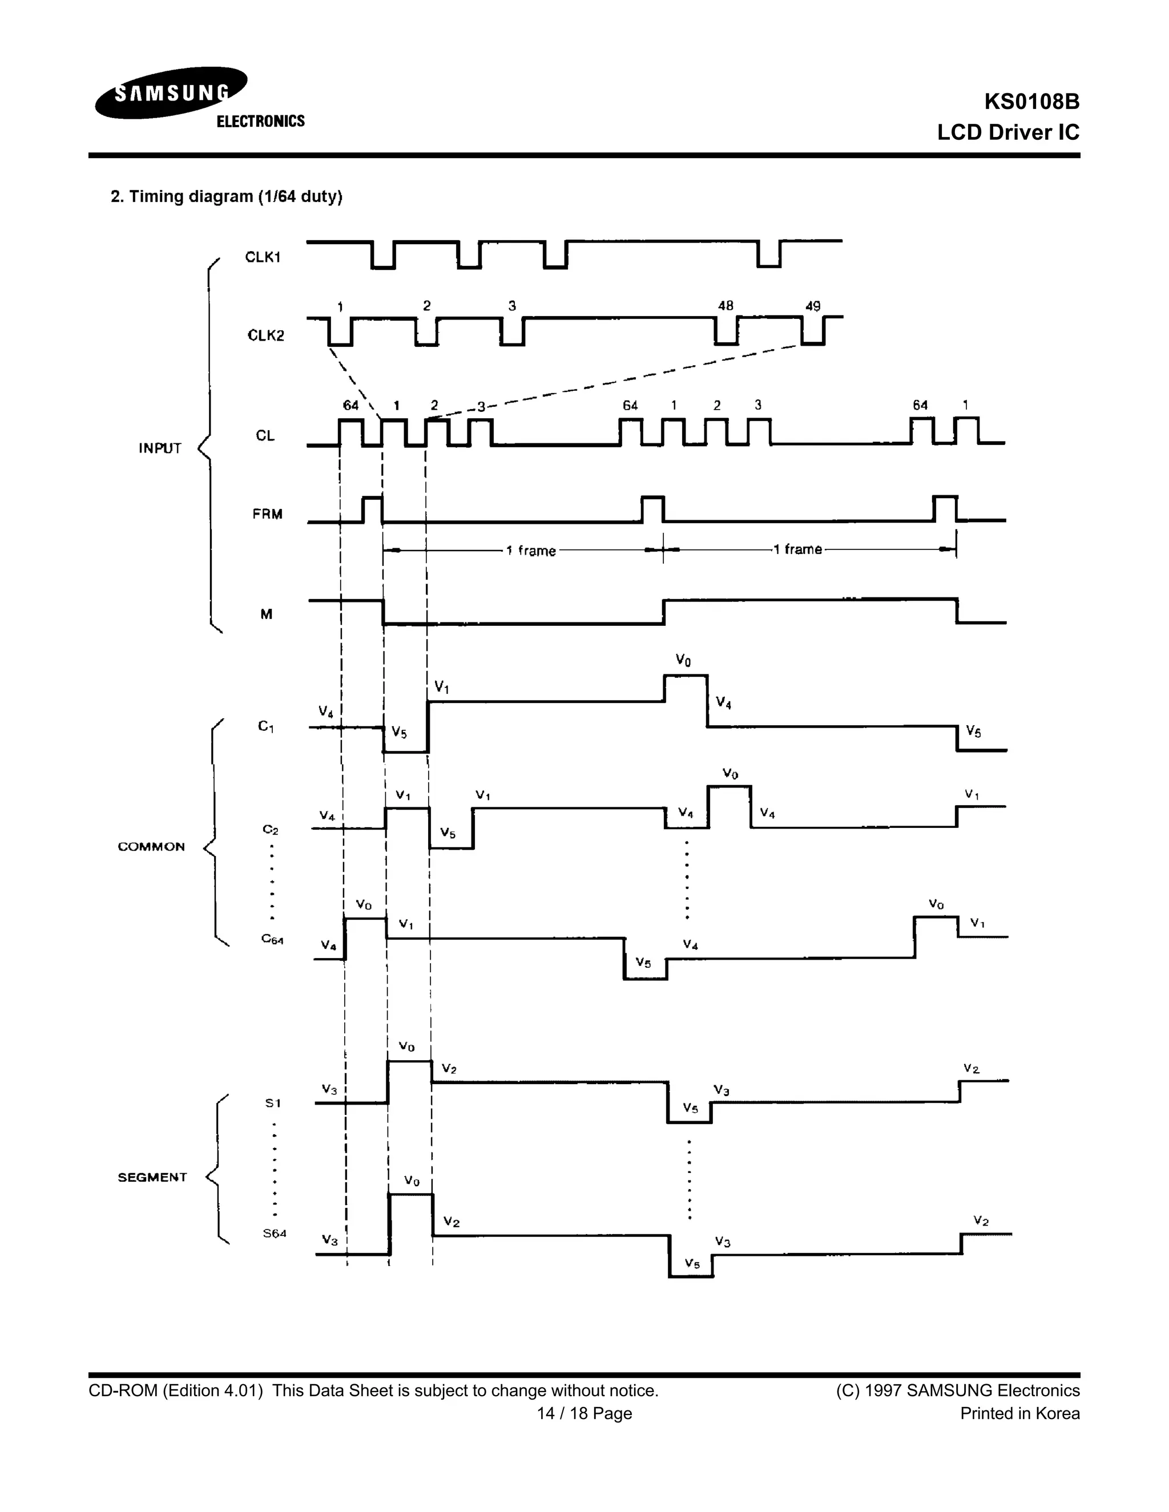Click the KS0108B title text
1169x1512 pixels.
click(1031, 102)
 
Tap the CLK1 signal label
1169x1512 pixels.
click(263, 257)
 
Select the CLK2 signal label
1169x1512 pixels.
click(265, 335)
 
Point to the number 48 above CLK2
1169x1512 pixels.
click(725, 305)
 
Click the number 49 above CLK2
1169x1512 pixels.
click(812, 305)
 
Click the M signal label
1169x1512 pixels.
click(266, 614)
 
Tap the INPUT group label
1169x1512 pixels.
click(159, 448)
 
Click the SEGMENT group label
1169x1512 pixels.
click(152, 1177)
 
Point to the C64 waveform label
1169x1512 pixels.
click(272, 940)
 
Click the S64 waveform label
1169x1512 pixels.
click(274, 1233)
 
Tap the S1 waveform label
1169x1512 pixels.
click(273, 1103)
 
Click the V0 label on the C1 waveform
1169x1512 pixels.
click(683, 661)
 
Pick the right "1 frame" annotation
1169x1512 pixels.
click(798, 549)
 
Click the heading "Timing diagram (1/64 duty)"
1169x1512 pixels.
click(227, 197)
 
